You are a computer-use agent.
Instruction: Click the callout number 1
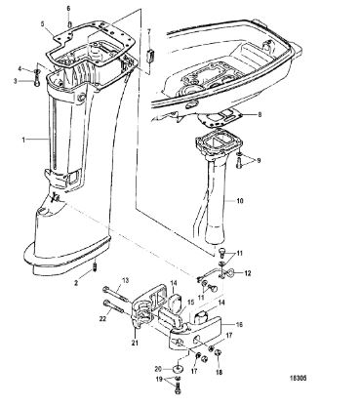tap(23, 140)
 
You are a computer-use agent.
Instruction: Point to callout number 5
tap(42, 23)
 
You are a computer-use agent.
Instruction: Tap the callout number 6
tap(68, 9)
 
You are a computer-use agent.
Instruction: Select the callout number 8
tap(260, 114)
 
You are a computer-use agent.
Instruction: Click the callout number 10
tap(240, 201)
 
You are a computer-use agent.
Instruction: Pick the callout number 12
tap(248, 273)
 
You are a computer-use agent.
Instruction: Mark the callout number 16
tap(239, 324)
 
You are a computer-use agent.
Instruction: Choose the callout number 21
tap(136, 343)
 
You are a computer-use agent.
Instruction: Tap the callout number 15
tap(190, 303)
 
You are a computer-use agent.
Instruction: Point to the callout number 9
tap(259, 161)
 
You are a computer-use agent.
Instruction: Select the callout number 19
tap(159, 379)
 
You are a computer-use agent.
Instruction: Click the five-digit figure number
tap(298, 379)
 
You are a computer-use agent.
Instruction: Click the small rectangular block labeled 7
tap(149, 55)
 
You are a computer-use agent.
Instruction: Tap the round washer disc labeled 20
tap(179, 369)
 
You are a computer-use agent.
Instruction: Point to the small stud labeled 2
tap(96, 266)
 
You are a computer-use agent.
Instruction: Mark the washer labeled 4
tap(36, 71)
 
